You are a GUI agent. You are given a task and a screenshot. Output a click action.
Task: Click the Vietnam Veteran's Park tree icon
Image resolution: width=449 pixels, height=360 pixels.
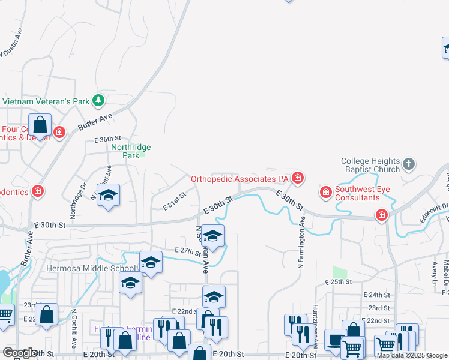(98, 101)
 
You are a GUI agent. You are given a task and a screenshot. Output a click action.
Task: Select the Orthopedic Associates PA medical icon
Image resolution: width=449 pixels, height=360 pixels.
(297, 178)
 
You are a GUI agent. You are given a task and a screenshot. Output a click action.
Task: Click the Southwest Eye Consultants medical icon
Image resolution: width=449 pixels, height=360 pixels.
(325, 193)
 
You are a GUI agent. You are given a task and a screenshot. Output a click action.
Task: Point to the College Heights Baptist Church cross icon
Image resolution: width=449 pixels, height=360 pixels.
(408, 164)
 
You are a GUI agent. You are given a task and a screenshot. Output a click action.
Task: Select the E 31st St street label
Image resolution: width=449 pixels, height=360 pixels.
(175, 200)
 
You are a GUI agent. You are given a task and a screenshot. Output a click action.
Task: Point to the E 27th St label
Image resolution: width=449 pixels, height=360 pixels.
(188, 251)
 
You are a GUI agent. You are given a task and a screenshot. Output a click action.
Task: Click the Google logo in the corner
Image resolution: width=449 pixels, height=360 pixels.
(19, 353)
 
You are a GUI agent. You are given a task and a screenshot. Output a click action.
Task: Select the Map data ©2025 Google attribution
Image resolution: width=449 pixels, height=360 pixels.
(412, 355)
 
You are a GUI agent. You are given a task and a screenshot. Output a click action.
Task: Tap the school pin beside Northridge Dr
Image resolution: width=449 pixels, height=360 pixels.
(109, 196)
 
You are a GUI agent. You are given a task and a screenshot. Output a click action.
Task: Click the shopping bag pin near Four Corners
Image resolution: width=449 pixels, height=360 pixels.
(40, 126)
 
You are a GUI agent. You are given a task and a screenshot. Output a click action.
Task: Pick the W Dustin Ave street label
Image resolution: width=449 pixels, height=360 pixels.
(11, 42)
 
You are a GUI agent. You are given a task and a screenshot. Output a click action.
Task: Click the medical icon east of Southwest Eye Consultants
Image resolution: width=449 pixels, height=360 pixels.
(381, 215)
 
